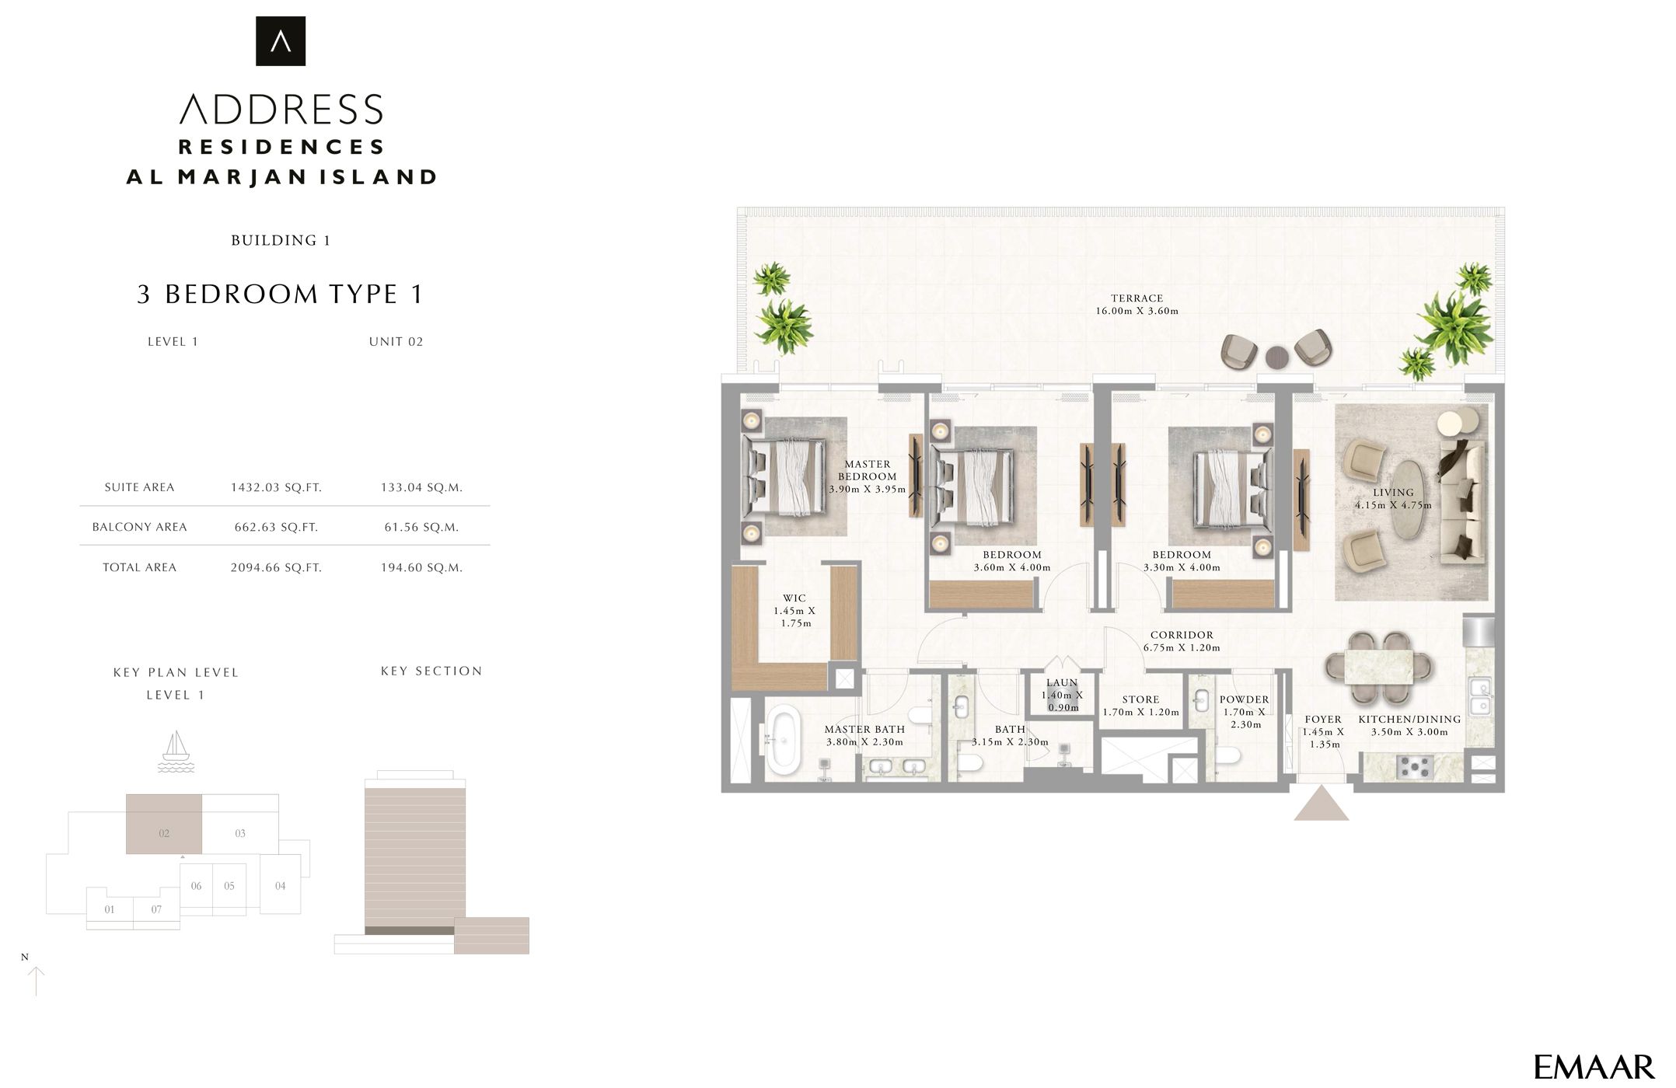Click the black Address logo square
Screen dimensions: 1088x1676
pos(281,41)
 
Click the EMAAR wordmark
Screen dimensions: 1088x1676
pos(1593,1066)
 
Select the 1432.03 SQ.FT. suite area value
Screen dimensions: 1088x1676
pos(276,488)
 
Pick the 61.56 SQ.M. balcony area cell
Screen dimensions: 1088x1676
pos(421,528)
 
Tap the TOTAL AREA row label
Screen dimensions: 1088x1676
pos(139,568)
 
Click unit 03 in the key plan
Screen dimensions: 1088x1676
pos(240,833)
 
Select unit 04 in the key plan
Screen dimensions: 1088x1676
pos(280,885)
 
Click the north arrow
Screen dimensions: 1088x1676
pos(36,981)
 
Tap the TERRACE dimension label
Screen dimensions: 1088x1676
pos(1137,305)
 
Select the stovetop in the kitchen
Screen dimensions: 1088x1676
pos(1414,767)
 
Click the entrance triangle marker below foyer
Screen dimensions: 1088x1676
pos(1321,804)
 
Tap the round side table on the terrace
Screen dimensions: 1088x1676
pos(1277,357)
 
